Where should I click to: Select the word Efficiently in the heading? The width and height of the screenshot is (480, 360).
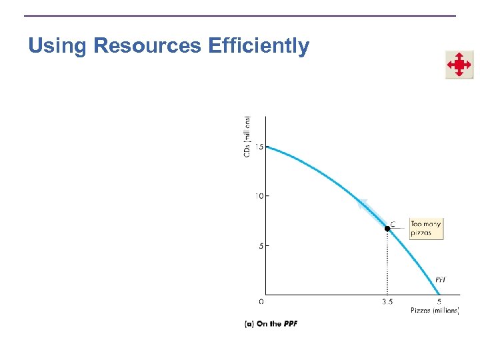[259, 46]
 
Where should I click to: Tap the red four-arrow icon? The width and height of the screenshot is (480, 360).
[459, 65]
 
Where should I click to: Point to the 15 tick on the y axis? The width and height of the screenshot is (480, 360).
[257, 147]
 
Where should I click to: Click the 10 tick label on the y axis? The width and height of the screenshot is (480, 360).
[257, 196]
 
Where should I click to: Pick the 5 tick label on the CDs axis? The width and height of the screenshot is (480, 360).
[259, 245]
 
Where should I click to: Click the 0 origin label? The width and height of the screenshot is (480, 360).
[261, 301]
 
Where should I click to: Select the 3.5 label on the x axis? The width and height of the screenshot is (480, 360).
[387, 301]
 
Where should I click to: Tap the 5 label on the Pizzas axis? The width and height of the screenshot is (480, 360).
[438, 301]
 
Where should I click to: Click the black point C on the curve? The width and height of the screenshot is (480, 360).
[387, 228]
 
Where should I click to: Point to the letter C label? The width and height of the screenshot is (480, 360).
[393, 223]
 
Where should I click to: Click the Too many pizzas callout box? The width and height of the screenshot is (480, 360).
[425, 229]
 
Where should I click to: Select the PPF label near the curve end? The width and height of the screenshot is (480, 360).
[441, 279]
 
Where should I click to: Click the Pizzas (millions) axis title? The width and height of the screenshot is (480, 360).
[434, 311]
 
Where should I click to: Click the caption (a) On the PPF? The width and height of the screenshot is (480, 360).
[271, 324]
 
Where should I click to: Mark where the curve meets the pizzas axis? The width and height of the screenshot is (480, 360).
[438, 294]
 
